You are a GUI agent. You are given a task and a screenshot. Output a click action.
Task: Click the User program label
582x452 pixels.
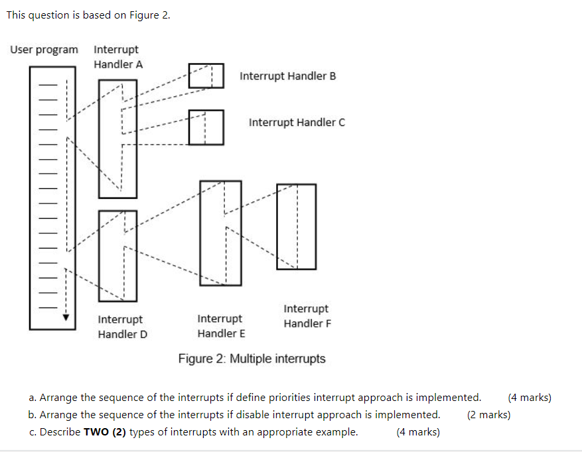pos(44,50)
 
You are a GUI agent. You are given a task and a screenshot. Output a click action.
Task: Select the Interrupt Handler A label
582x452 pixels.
pos(117,57)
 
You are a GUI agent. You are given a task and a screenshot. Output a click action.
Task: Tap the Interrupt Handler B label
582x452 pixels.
pos(287,76)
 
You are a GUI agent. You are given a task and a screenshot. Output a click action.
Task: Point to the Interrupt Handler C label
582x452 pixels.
pos(297,123)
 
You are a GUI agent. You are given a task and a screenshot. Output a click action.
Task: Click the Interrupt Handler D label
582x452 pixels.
pos(122,327)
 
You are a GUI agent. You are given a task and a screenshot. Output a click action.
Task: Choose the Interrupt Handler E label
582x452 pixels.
pos(221,326)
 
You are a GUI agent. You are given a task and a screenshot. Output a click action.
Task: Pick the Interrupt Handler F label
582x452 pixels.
pos(307,316)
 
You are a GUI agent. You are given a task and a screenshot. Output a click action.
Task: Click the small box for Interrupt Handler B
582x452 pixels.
pos(206,76)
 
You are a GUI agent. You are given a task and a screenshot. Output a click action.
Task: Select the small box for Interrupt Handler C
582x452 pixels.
pos(206,127)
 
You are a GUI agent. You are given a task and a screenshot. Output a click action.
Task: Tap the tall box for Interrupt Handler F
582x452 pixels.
pos(296,226)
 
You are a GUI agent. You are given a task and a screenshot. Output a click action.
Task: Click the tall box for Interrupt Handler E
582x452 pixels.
pos(221,233)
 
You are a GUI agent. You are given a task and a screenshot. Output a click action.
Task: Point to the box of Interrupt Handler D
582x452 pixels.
pos(118,255)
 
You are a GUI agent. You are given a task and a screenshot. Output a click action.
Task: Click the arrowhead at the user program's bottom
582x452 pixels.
pos(65,317)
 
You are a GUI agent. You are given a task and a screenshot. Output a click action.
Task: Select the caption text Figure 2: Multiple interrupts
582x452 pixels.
pos(252,359)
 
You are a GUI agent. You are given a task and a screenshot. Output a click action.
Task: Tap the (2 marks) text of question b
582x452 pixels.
pos(488,415)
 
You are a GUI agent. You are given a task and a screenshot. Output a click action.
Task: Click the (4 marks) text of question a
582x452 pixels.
pos(529,398)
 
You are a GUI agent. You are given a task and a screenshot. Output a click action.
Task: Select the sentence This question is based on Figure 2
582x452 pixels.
pos(88,15)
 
